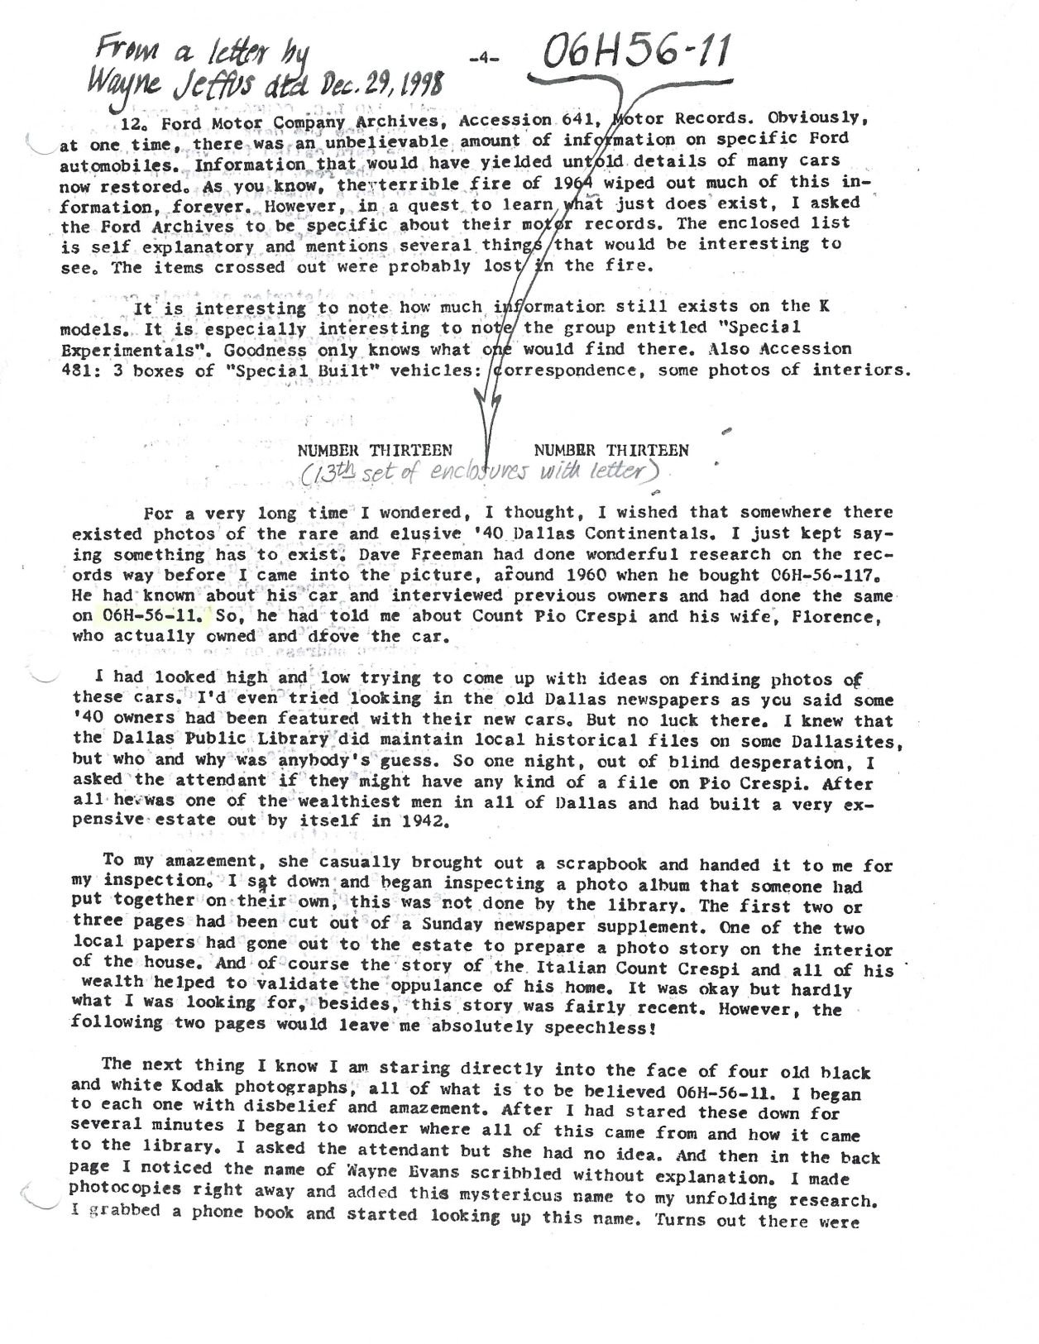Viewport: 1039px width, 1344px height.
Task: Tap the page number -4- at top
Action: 481,60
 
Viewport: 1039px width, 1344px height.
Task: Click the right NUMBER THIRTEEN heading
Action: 611,451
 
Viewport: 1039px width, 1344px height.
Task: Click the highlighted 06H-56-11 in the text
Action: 156,615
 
